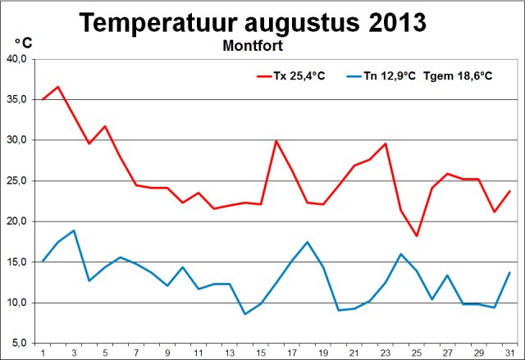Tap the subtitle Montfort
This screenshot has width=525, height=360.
pyautogui.click(x=253, y=46)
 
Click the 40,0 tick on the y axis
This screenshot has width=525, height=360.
pyautogui.click(x=17, y=60)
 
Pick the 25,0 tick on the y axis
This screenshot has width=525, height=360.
pyautogui.click(x=17, y=181)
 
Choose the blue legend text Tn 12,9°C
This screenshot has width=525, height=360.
pyautogui.click(x=390, y=76)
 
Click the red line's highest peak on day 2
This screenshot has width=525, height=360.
pyautogui.click(x=58, y=86)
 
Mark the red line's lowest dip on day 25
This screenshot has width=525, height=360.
pyautogui.click(x=417, y=236)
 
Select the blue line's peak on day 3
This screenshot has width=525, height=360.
pyautogui.click(x=74, y=230)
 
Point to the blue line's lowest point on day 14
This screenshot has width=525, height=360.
pyautogui.click(x=245, y=314)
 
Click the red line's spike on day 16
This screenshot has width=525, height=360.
pyautogui.click(x=276, y=141)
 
